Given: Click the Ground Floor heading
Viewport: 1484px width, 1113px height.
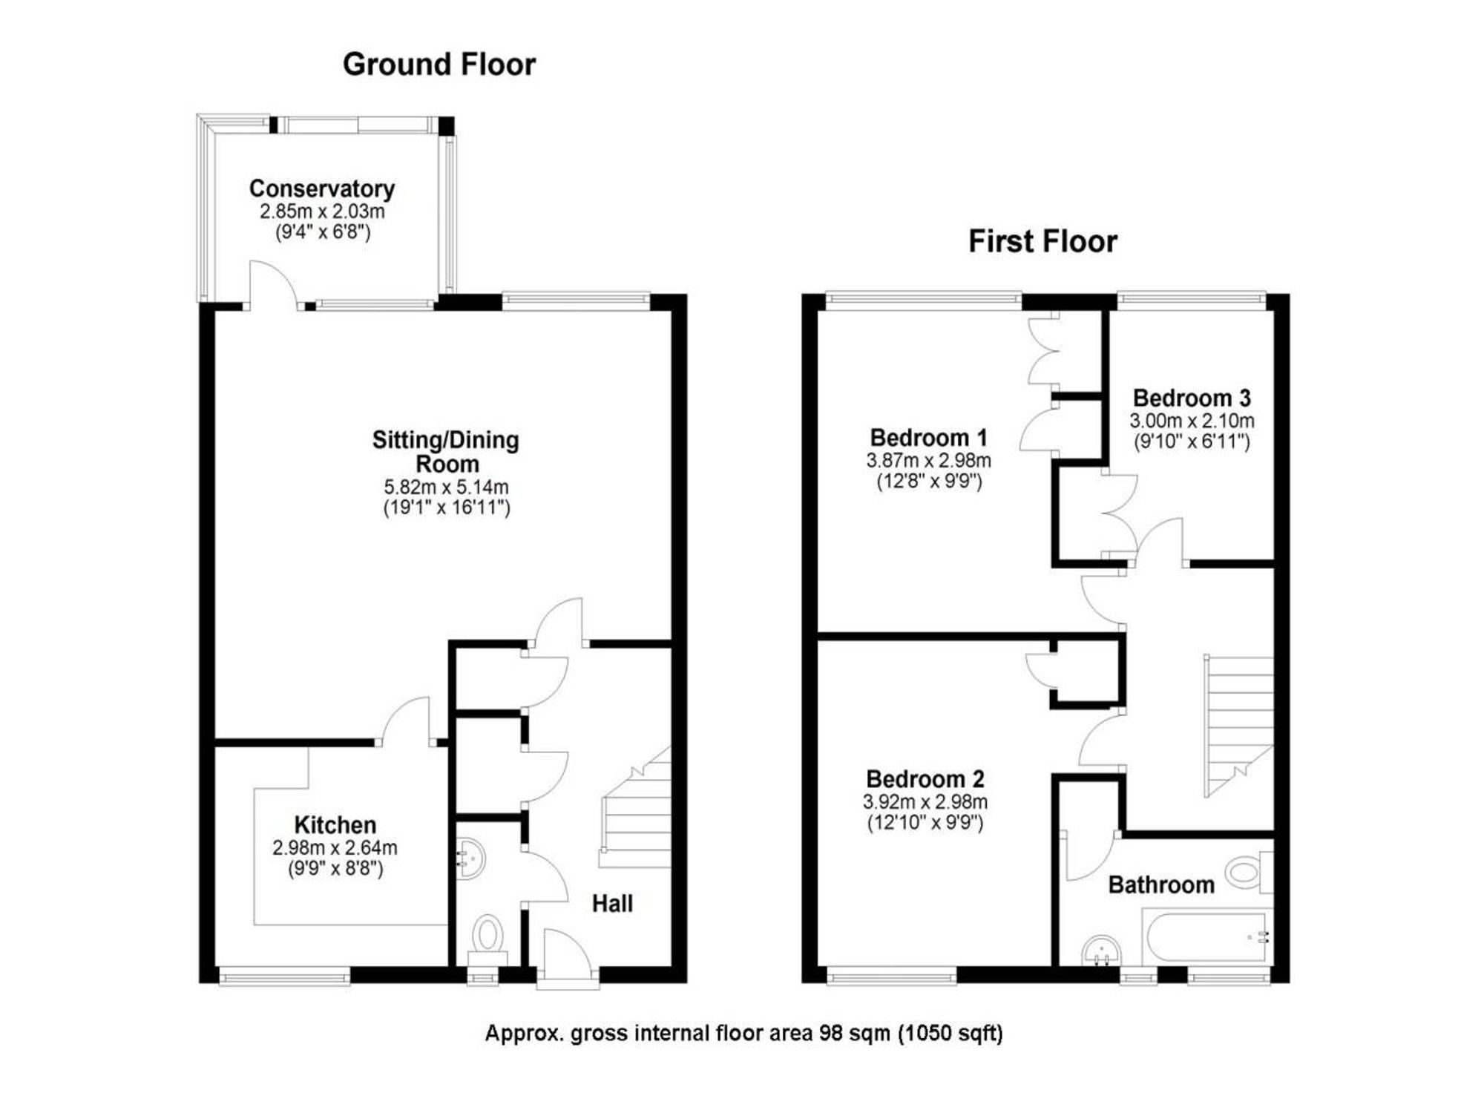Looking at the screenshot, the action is point(439,65).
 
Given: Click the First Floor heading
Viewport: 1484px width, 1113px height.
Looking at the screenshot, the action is point(1043,242).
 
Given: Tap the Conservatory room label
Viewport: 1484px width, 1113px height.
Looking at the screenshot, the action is point(322,188).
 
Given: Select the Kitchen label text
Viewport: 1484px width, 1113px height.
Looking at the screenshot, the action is point(335,824).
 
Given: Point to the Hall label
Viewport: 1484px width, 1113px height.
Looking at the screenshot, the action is point(612,903).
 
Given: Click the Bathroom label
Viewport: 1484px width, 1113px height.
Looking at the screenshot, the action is point(1161,884).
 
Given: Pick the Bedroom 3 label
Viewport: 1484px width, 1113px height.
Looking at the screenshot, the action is point(1192,398).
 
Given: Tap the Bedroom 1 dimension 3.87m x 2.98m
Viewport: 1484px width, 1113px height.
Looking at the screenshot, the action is point(928,461).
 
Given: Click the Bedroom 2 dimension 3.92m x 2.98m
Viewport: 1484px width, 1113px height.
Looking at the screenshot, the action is point(925,802).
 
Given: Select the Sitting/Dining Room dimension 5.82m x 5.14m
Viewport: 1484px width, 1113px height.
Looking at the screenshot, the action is point(446,487).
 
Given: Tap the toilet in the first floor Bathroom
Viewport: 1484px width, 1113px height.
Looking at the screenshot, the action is point(1249,872).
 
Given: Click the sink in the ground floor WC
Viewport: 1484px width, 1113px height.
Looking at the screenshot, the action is point(470,858).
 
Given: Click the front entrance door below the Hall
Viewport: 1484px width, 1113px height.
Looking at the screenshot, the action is point(568,959).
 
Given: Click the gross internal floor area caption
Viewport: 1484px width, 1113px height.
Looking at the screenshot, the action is point(743,1033).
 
